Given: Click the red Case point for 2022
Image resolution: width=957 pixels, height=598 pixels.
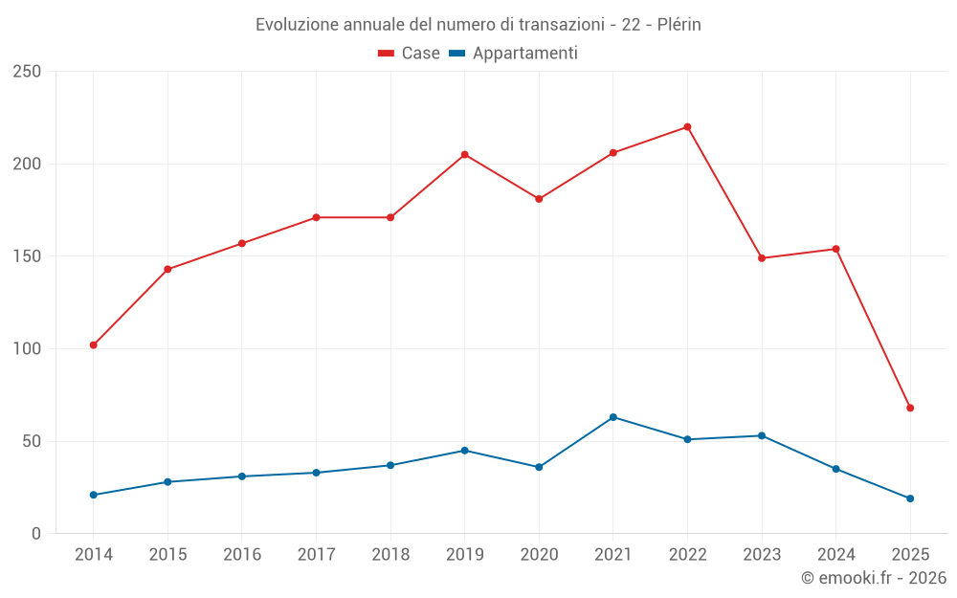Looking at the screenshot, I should point(687,127).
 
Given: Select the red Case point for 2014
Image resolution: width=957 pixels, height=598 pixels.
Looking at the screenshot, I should point(94,344).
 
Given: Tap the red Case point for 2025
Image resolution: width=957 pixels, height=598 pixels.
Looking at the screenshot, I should point(910,408).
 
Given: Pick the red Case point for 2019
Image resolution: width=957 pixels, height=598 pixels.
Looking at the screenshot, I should point(465,155).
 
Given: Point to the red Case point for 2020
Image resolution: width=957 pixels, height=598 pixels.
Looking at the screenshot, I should point(539,199).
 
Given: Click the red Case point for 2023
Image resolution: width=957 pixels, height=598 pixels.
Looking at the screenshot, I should point(762,258).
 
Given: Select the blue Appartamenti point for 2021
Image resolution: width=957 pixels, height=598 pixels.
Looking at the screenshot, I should point(613,417).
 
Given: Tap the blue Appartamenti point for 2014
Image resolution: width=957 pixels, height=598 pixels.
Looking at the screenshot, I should point(94,495).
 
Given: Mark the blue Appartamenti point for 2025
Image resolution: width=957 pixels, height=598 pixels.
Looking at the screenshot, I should point(910,498).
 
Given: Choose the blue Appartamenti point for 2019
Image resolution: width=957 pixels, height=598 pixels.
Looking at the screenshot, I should point(465,451).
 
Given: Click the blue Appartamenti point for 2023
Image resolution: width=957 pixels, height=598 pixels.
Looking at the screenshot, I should point(762,435).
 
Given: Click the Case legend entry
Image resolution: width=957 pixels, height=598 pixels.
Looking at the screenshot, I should point(410,54).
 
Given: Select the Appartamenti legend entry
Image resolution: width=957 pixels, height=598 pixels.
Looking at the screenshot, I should point(514,54).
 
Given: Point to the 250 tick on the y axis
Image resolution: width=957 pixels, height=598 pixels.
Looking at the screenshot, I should point(28,72).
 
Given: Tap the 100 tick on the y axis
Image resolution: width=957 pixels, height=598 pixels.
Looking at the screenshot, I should point(28,349).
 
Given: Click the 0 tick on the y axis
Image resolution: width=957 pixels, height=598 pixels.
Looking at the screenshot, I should point(36,534).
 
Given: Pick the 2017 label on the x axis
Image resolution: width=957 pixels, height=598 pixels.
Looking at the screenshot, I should point(316,555).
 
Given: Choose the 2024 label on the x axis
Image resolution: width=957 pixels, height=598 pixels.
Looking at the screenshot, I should point(835,555).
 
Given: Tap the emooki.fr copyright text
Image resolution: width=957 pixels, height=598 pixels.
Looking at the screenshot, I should point(874,578).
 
